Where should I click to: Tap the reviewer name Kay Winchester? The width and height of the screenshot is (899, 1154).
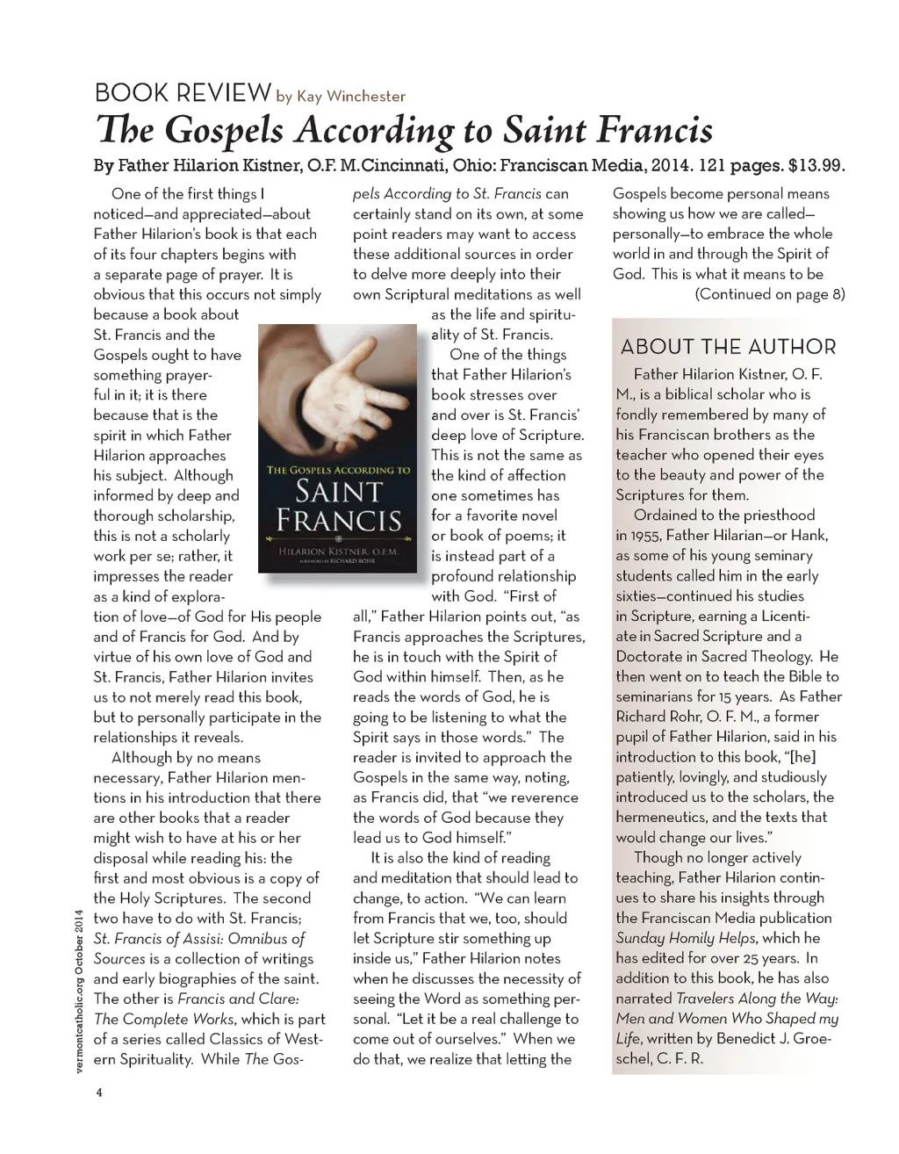pyautogui.click(x=350, y=97)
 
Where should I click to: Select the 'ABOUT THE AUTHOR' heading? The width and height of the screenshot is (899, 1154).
pyautogui.click(x=728, y=347)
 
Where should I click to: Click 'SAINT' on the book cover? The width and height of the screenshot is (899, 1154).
pyautogui.click(x=338, y=491)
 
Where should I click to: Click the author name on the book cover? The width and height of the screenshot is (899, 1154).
pyautogui.click(x=338, y=551)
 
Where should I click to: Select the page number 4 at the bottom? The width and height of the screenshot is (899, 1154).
pyautogui.click(x=99, y=1093)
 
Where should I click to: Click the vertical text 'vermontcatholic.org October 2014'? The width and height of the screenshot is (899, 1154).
pyautogui.click(x=79, y=988)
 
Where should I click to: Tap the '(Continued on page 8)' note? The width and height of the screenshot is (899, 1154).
pyautogui.click(x=769, y=294)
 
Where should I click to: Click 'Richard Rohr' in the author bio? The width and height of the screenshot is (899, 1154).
pyautogui.click(x=654, y=717)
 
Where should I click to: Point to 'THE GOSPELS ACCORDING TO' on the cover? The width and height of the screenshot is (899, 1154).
pyautogui.click(x=338, y=470)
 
